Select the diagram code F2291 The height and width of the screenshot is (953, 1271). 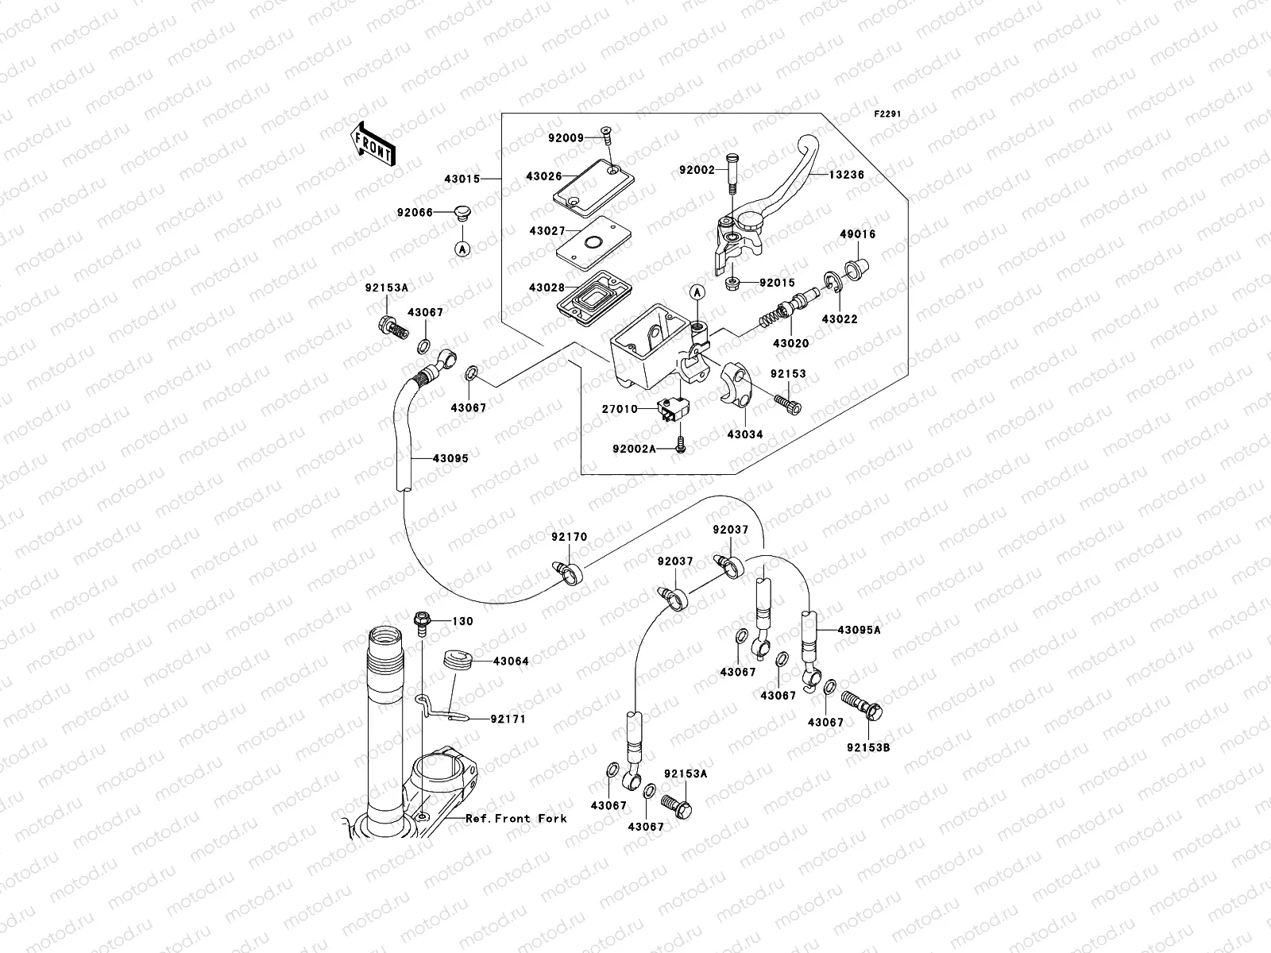(x=888, y=114)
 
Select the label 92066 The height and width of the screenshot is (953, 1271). (x=414, y=212)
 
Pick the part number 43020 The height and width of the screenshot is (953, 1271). (x=790, y=344)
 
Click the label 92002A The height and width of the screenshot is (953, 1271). (x=635, y=449)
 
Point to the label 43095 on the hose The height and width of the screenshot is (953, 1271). (x=450, y=457)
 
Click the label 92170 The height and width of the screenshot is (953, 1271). (x=570, y=537)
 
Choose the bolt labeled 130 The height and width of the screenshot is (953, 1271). (x=422, y=625)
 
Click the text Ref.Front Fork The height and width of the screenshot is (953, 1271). (x=516, y=818)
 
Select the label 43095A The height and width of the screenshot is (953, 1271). (x=859, y=629)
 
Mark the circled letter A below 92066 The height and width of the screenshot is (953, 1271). (x=462, y=249)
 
